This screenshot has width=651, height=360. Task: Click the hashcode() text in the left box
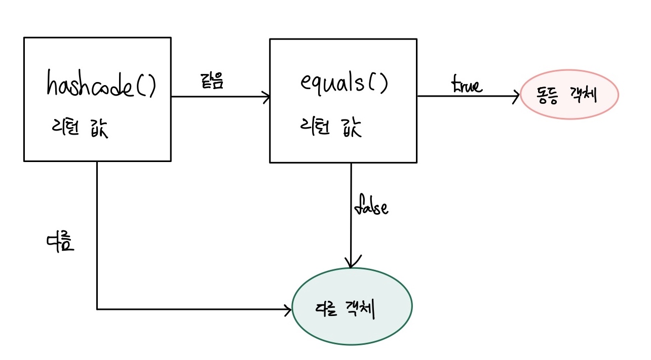101,85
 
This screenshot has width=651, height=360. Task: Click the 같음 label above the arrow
212,82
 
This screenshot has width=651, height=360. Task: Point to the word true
467,86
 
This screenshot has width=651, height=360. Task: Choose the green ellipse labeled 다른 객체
351,306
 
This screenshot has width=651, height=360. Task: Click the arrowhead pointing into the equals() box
266,97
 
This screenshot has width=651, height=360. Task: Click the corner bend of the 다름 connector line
97,308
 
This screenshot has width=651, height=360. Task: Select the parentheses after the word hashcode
145,86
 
